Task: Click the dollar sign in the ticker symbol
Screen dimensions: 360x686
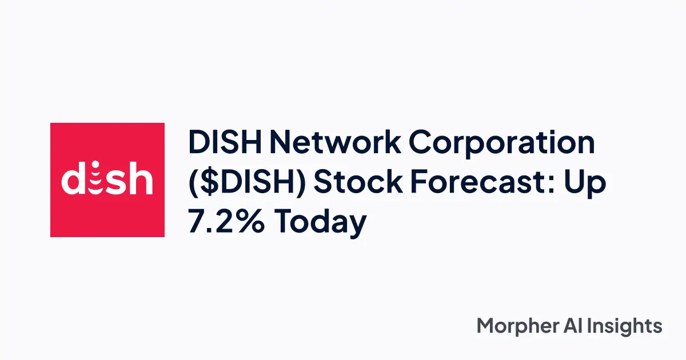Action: (206, 183)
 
